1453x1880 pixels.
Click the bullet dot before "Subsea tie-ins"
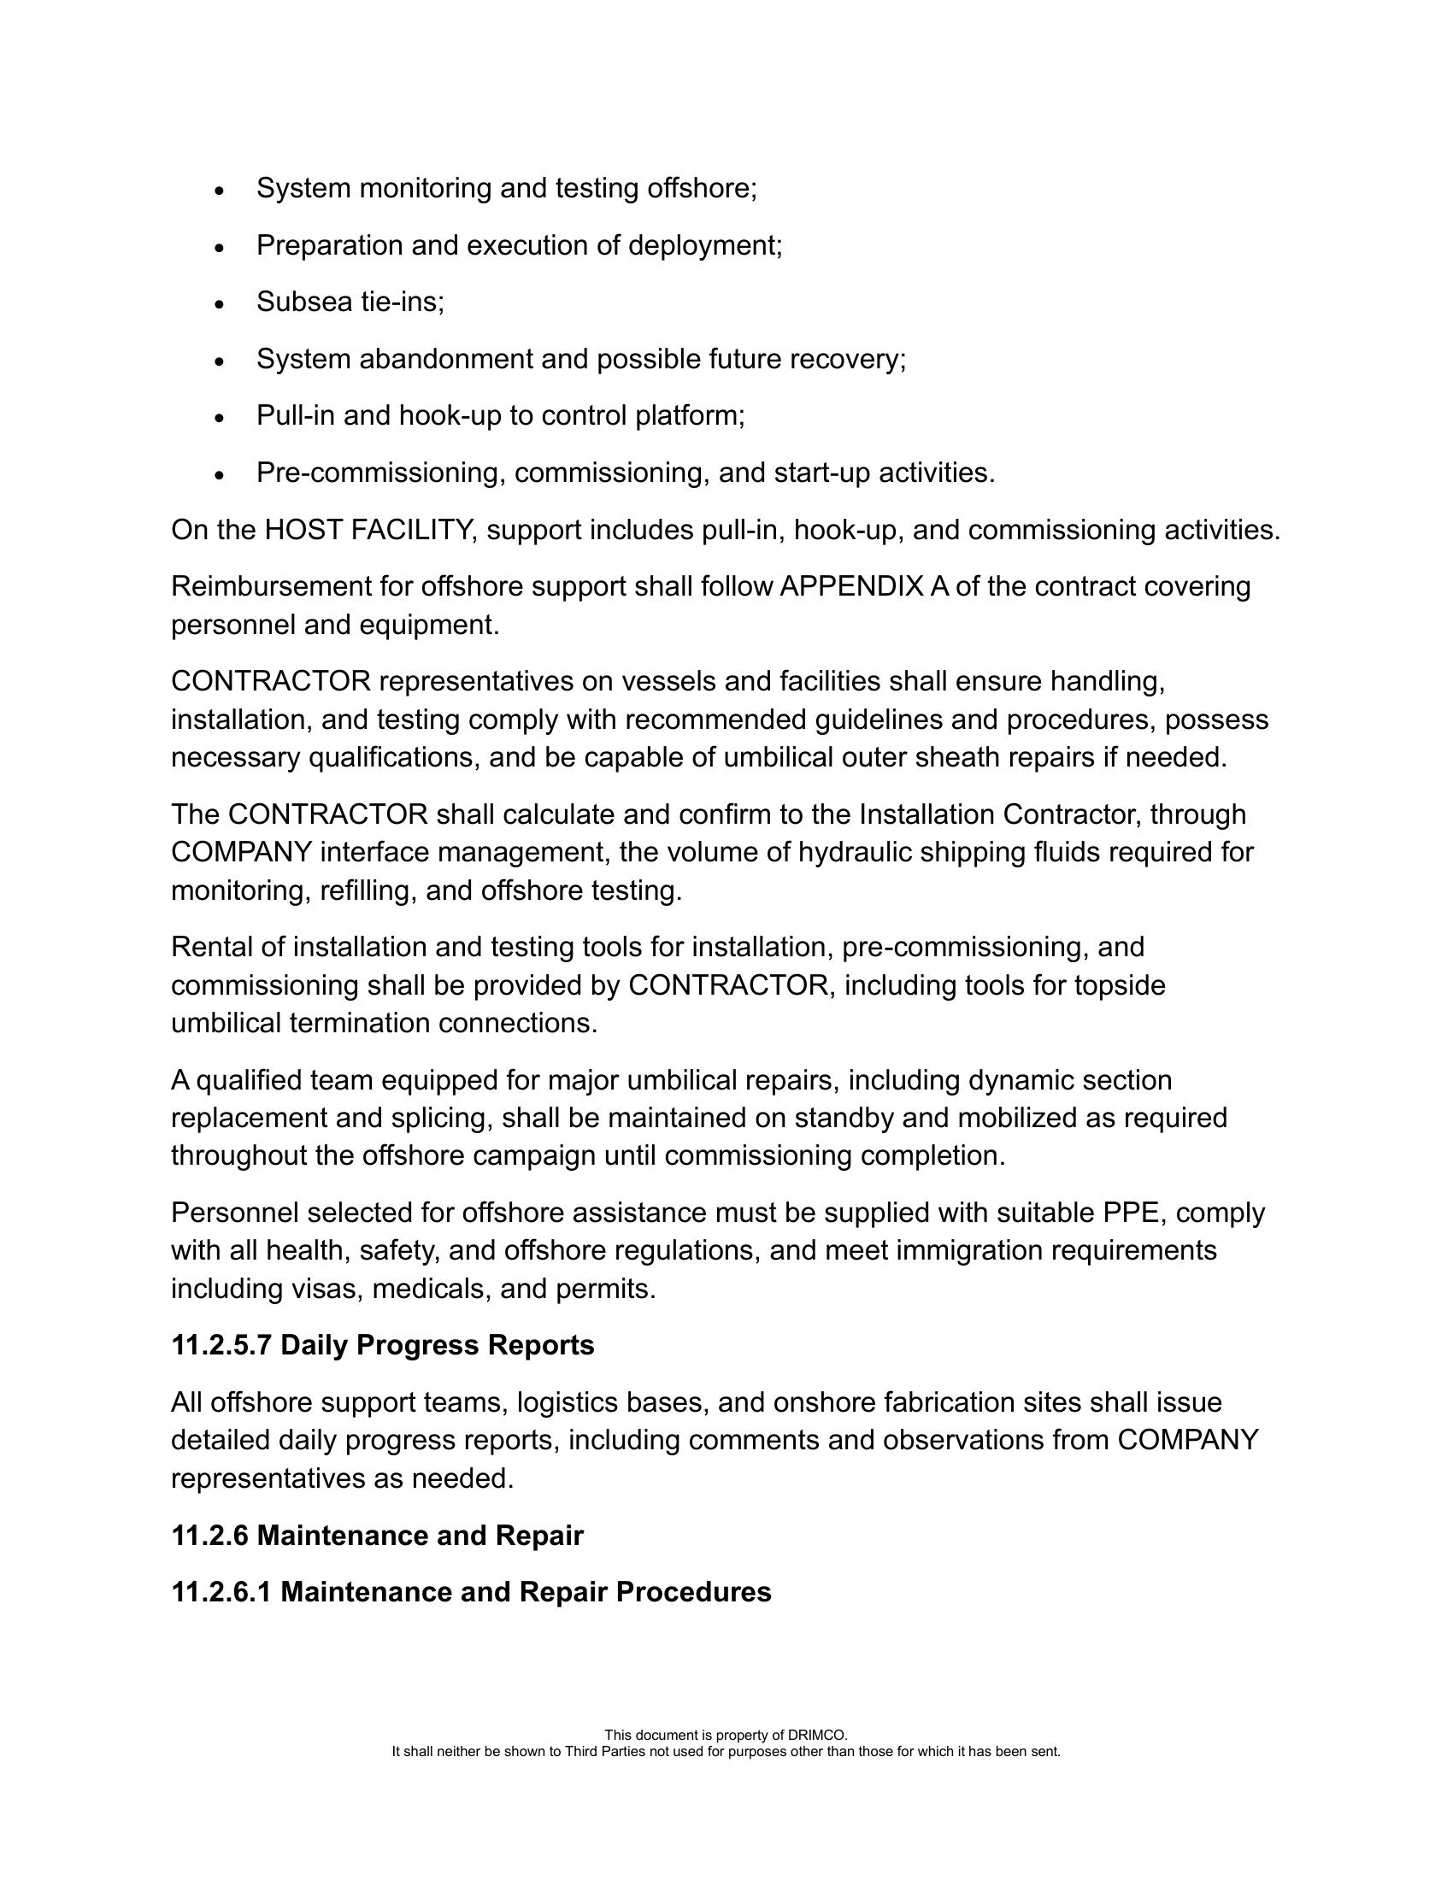[x=220, y=305]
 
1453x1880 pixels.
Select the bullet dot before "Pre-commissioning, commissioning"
[x=220, y=475]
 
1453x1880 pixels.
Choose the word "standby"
[x=873, y=1119]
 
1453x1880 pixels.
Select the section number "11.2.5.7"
[x=221, y=1345]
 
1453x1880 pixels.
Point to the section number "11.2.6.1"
[x=221, y=1593]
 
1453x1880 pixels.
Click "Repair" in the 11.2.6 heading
[x=538, y=1536]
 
